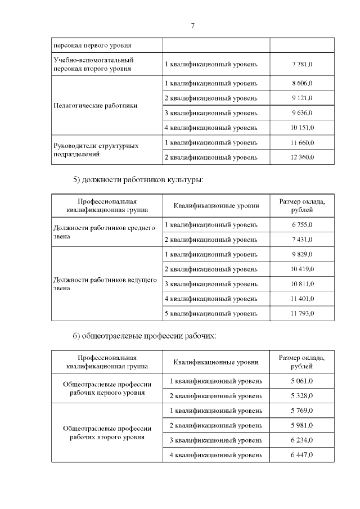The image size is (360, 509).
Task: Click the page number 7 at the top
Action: [x=192, y=26]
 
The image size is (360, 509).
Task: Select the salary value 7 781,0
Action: [x=302, y=64]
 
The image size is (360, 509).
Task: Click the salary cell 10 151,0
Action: [x=302, y=128]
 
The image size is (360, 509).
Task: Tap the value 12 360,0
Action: [x=302, y=157]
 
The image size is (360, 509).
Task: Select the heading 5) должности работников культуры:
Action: [x=138, y=180]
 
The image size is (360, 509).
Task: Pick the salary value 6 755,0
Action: [x=302, y=225]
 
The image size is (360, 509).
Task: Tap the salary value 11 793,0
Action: [x=302, y=313]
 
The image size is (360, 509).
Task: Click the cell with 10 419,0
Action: [x=302, y=269]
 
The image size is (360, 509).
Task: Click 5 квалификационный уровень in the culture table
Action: [x=211, y=313]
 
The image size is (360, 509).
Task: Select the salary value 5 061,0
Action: [x=302, y=381]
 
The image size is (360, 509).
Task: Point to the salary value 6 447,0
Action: [x=302, y=454]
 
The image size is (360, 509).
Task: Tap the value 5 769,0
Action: [x=302, y=411]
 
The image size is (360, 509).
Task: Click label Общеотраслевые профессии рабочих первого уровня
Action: [x=107, y=388]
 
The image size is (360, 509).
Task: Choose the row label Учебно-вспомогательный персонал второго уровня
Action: [x=93, y=64]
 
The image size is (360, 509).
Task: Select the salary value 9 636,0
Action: [x=302, y=113]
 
